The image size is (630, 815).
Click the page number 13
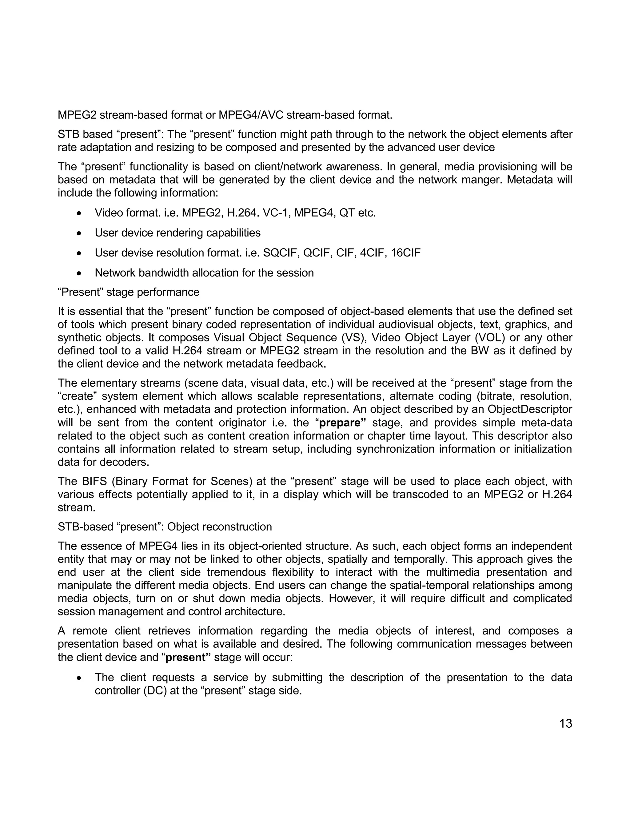[x=565, y=724]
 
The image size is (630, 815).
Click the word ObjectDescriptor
[x=530, y=409]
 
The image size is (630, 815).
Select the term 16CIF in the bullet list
[x=405, y=253]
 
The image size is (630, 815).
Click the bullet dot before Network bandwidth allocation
[x=79, y=273]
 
